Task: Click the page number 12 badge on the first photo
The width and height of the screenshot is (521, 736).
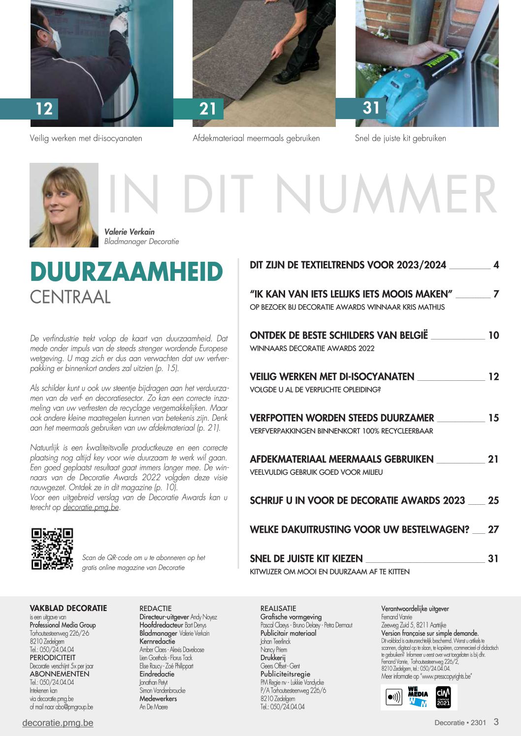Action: coord(44,109)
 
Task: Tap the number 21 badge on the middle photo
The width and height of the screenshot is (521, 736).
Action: coord(208,109)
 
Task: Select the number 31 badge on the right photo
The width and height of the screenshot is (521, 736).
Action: coord(371,108)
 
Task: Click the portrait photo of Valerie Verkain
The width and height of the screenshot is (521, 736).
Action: coord(64,205)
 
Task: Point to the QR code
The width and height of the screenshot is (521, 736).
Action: coord(52,549)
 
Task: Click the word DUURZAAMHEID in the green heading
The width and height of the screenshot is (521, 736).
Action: coord(127,272)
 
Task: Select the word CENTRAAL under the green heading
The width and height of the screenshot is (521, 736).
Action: coord(70,297)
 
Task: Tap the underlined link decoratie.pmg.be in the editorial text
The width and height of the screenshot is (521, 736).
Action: coord(91,507)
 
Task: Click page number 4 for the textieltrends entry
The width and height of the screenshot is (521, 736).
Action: coord(496,265)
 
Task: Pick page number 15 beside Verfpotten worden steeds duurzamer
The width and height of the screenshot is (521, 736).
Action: coord(493,418)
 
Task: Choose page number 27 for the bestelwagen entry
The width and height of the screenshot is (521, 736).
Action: coord(493,530)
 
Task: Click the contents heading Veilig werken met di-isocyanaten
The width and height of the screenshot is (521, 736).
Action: coord(332,377)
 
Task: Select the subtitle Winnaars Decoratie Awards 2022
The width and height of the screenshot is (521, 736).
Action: coord(312,348)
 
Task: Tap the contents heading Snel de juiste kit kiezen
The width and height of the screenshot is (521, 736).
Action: coord(306,559)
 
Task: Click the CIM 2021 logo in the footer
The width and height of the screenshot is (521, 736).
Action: coord(443,697)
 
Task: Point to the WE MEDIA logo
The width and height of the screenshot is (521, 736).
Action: coord(418,697)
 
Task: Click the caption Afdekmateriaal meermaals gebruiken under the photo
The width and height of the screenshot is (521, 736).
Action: coord(256,138)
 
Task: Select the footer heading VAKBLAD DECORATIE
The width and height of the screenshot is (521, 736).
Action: coord(68,608)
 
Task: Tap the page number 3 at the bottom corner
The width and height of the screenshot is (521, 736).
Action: coord(496,722)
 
